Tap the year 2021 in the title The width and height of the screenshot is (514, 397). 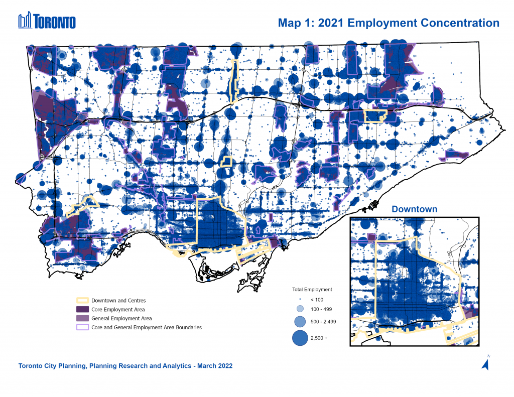click(x=332, y=23)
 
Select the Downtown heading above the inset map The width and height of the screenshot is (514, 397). click(x=414, y=209)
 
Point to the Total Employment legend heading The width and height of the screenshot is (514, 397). click(x=312, y=290)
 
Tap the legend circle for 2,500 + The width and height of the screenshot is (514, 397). click(x=300, y=338)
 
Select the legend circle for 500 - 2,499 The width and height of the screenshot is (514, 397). click(x=300, y=321)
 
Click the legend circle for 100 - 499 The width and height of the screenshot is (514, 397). click(x=300, y=309)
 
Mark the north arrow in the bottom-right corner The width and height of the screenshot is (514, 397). click(x=486, y=363)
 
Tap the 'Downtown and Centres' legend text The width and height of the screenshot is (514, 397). click(x=118, y=301)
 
